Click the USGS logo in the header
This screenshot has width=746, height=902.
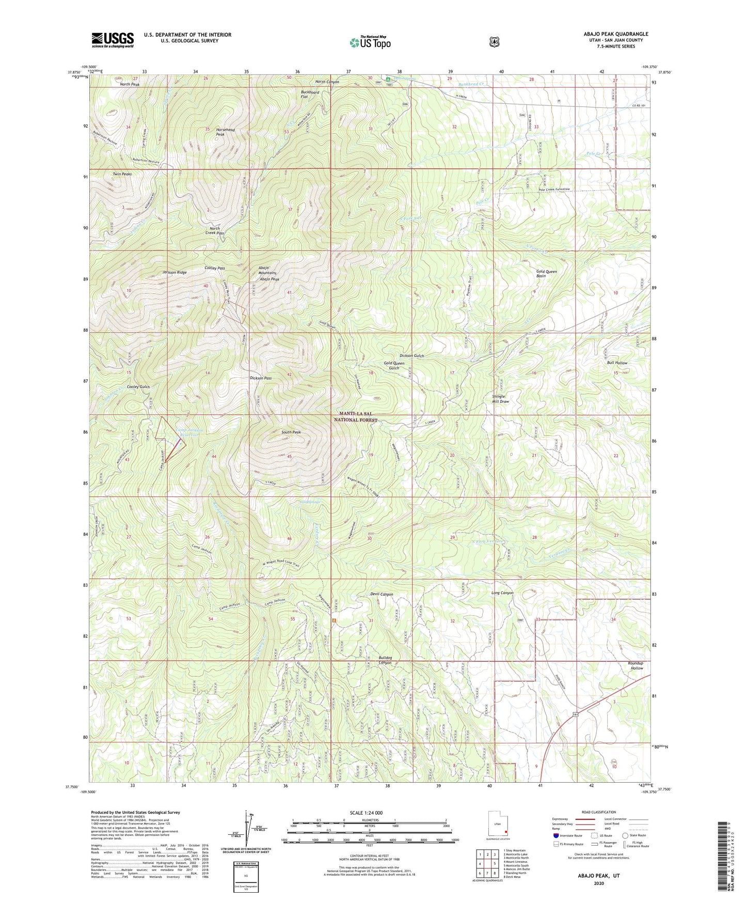click(x=113, y=40)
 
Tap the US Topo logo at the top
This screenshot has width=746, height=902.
click(x=370, y=42)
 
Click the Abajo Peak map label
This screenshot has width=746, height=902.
click(x=269, y=279)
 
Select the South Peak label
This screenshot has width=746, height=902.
click(x=291, y=432)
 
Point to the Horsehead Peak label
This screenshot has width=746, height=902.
click(x=225, y=132)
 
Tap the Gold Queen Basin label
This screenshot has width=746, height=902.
click(x=546, y=273)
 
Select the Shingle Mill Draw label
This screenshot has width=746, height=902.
click(x=500, y=399)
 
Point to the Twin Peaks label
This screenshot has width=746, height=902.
click(x=122, y=174)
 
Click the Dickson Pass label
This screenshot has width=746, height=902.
click(x=261, y=378)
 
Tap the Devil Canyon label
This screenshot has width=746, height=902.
click(x=382, y=594)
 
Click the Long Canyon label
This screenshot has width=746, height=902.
click(x=502, y=593)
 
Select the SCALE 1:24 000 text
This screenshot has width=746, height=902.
click(x=366, y=813)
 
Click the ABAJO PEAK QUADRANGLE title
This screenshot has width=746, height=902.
click(x=609, y=34)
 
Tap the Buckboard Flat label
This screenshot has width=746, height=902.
click(x=311, y=95)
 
